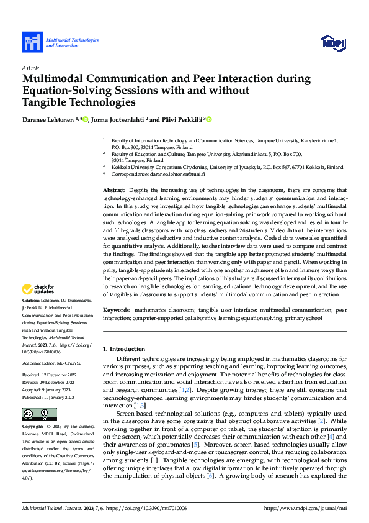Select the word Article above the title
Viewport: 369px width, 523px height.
[30, 68]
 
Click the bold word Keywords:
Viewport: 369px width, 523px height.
[117, 309]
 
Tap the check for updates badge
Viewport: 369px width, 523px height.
[38, 289]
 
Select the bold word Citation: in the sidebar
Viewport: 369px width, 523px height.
[32, 300]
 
